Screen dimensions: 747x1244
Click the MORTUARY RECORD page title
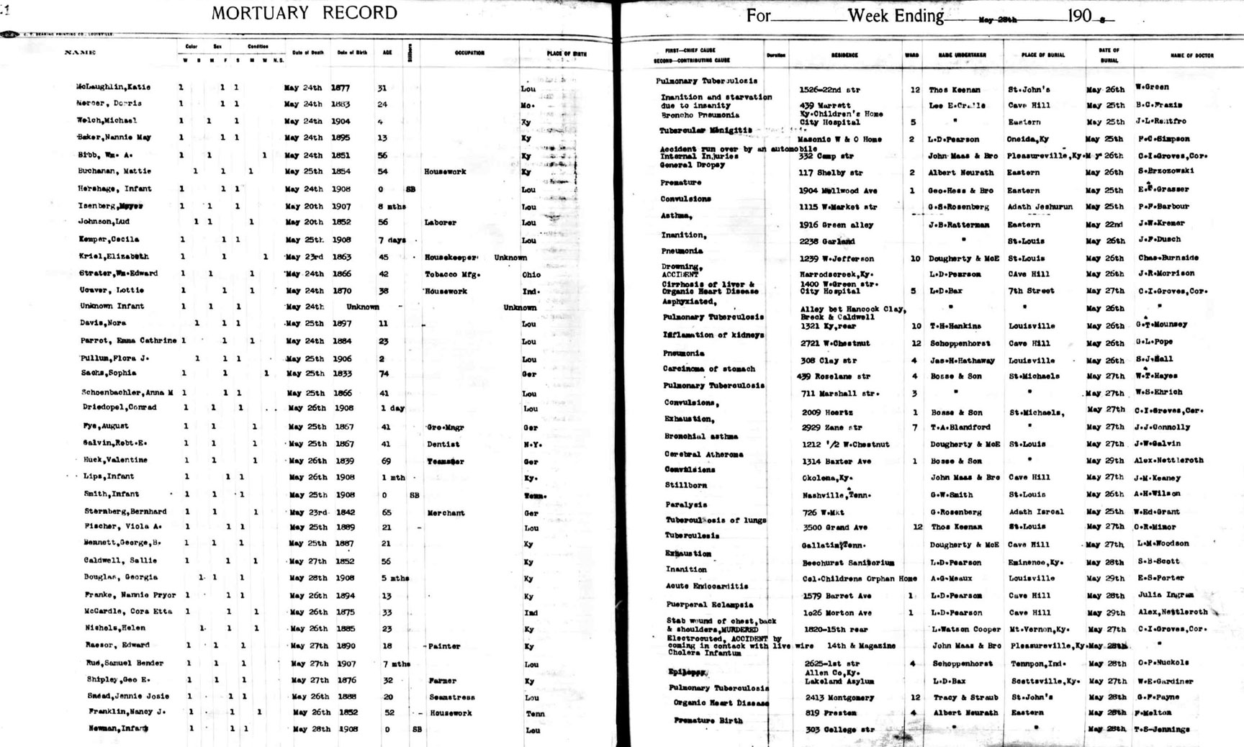[304, 13]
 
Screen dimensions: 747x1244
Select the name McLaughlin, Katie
[113, 87]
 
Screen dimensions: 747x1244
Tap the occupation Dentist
[443, 444]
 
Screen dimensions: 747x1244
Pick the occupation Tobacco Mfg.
[452, 274]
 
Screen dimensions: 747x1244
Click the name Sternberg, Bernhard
[125, 512]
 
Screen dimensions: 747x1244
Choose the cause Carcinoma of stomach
[709, 369]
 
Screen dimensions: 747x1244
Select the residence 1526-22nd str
[829, 90]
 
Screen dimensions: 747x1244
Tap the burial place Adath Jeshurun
[1040, 207]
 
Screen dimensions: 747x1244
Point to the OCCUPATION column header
[469, 53]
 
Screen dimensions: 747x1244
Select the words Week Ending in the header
[896, 15]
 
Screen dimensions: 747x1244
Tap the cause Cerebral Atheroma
[703, 455]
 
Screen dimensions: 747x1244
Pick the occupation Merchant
[446, 513]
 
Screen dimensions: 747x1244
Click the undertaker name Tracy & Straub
[965, 697]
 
